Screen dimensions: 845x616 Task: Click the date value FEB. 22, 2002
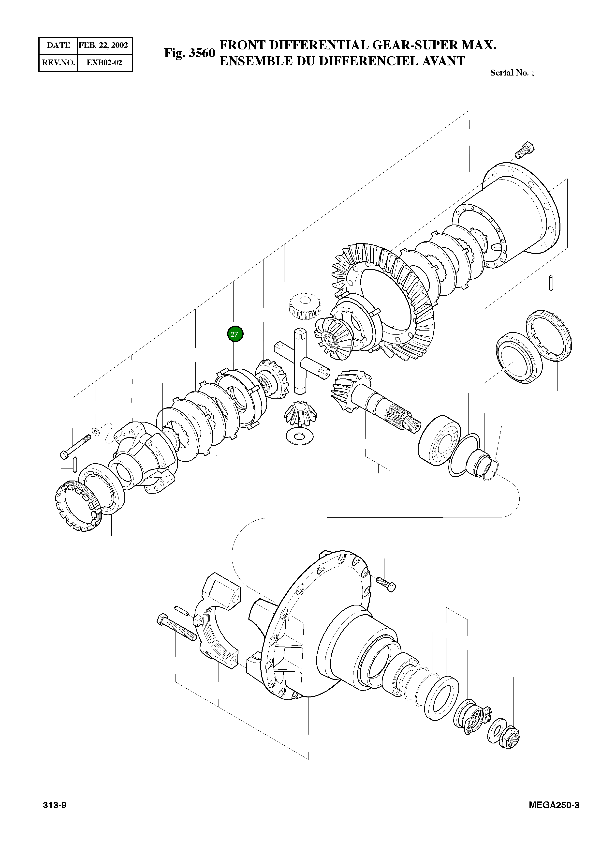click(103, 45)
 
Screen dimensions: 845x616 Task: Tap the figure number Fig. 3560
click(190, 53)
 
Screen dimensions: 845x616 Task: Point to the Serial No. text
click(511, 73)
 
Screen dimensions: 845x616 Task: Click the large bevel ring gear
click(384, 299)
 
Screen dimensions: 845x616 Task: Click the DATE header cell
click(59, 45)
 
